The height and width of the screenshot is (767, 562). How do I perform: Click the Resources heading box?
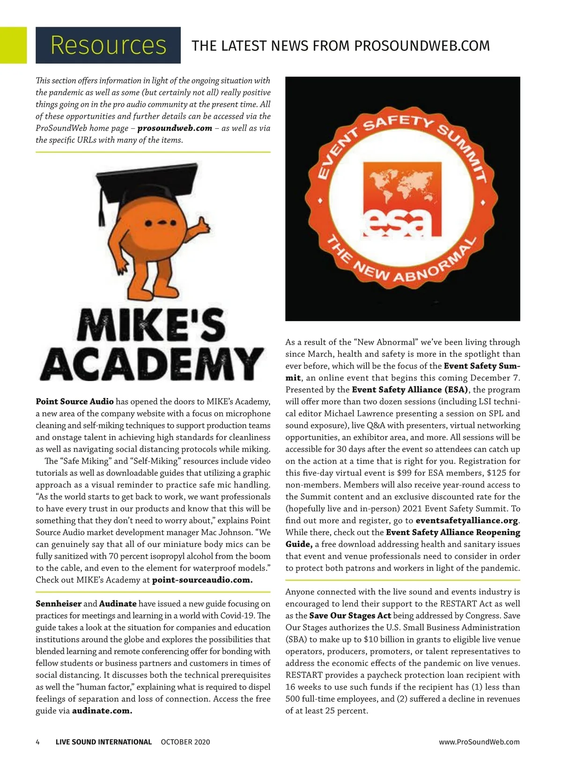click(108, 45)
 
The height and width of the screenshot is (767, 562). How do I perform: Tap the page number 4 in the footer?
click(38, 742)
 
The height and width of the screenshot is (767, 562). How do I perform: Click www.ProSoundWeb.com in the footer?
click(479, 742)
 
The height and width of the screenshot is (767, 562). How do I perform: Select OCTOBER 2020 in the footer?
click(185, 742)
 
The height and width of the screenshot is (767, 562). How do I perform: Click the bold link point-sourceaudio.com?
click(202, 580)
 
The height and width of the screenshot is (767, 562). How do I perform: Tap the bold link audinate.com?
click(102, 711)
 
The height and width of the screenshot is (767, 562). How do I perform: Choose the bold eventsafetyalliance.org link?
click(467, 520)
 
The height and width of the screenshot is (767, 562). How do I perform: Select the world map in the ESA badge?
click(402, 184)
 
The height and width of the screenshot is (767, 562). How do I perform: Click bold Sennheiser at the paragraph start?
click(59, 604)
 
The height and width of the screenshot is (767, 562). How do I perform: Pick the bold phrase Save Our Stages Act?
click(350, 615)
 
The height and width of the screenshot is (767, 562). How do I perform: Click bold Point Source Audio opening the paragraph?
click(74, 401)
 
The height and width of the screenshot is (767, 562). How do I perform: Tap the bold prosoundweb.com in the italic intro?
click(175, 128)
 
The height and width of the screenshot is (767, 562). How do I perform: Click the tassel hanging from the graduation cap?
click(100, 211)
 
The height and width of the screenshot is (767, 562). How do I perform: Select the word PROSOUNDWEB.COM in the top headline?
click(422, 45)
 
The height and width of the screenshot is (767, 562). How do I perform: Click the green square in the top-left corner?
click(13, 45)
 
